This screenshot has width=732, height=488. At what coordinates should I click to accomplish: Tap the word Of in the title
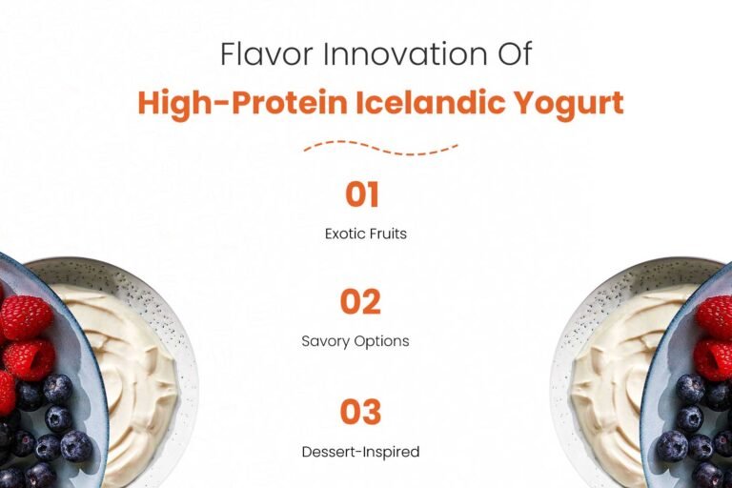click(x=511, y=53)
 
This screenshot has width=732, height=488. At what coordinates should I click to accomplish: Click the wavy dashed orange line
click(x=380, y=147)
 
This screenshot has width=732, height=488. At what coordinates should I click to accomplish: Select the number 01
click(x=362, y=195)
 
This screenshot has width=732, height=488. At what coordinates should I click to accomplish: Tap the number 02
click(x=361, y=302)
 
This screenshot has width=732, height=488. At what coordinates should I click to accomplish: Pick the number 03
click(x=361, y=412)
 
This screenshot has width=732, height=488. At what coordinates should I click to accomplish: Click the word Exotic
click(x=344, y=234)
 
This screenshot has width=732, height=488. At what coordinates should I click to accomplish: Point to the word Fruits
click(x=388, y=234)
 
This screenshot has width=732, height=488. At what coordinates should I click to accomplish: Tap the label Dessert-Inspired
click(x=366, y=451)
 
